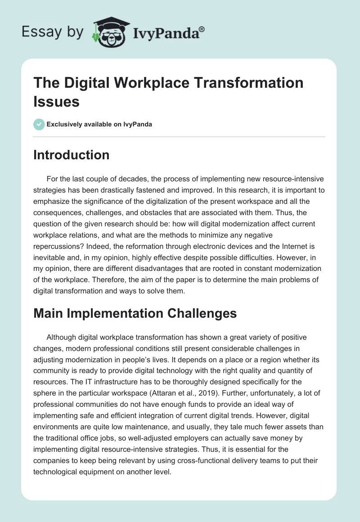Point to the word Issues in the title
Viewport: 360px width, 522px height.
pos(57,101)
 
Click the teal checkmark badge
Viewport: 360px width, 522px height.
pos(39,124)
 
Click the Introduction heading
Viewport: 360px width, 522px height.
pos(72,155)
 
